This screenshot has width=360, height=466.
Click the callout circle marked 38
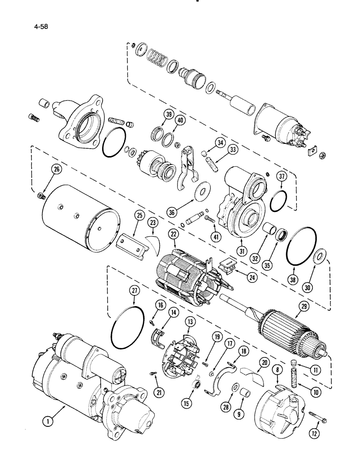coord(294,275)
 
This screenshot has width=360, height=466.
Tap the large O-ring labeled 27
coord(127,330)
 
